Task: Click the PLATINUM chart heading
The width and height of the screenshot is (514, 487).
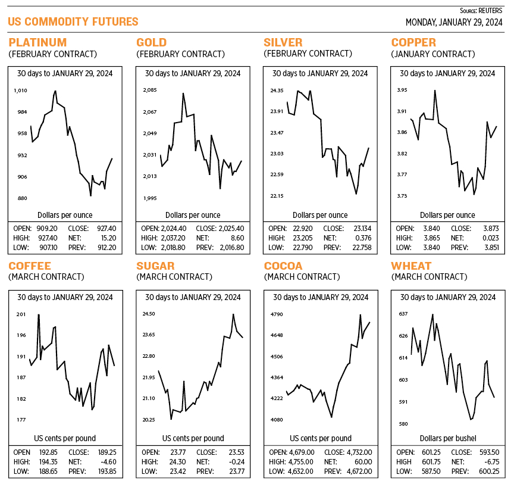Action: [x=37, y=42]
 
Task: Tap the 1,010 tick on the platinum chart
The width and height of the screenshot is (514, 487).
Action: [x=21, y=90]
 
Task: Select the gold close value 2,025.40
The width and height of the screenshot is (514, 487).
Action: [x=228, y=228]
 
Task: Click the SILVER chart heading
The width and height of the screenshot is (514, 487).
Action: [x=283, y=42]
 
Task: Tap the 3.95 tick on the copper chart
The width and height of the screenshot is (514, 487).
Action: [x=402, y=90]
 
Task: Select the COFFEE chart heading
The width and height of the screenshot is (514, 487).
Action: [x=30, y=266]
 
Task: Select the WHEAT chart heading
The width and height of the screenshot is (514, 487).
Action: [x=410, y=266]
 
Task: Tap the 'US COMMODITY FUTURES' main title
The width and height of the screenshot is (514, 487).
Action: [x=73, y=22]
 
